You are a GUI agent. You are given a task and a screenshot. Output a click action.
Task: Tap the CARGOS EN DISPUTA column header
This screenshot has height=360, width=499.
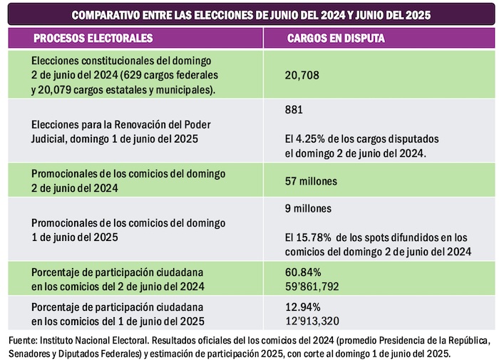pyautogui.click(x=336, y=38)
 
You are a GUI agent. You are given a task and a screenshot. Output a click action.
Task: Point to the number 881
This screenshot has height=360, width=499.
pyautogui.click(x=293, y=110)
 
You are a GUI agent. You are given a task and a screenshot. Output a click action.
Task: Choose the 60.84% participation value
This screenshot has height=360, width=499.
pyautogui.click(x=303, y=272)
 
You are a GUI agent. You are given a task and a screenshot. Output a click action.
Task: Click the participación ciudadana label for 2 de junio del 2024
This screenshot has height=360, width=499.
pyautogui.click(x=118, y=279)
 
